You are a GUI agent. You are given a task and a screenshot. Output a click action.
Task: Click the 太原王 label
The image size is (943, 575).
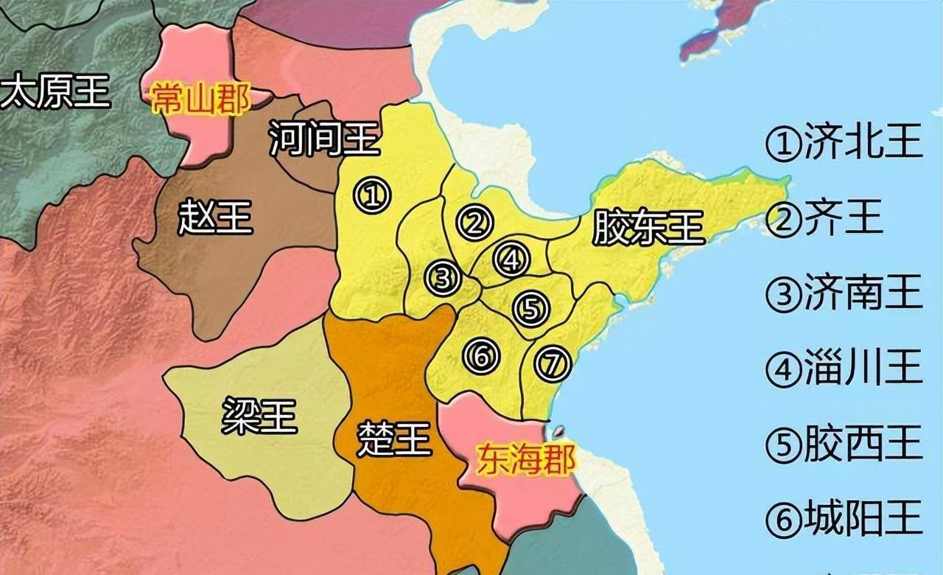click(x=55, y=92)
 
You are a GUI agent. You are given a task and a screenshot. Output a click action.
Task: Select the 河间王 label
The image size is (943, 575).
click(x=324, y=139)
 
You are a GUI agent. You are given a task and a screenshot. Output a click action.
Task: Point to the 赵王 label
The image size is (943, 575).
click(x=216, y=218)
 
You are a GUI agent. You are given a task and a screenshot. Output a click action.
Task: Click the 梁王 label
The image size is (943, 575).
click(x=259, y=417)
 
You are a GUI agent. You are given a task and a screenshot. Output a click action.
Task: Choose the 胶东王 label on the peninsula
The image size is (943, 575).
click(x=648, y=228)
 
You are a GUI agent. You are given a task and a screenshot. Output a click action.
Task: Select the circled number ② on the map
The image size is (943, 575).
click(x=473, y=223)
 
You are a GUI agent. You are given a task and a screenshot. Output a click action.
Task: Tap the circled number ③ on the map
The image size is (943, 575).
click(x=443, y=278)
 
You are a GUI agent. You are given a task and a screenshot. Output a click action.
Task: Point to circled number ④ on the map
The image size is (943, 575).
click(x=511, y=259)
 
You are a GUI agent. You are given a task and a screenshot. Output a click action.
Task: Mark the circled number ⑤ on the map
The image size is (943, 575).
click(x=530, y=308)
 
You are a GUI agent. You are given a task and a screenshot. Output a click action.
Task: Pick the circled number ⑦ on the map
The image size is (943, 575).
click(x=553, y=364)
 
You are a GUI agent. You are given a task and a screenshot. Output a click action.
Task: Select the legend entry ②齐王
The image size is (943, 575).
click(x=825, y=219)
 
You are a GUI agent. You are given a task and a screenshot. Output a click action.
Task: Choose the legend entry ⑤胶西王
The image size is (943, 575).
click(x=844, y=444)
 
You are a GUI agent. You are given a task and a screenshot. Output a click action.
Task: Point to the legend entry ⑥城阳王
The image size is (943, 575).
click(x=844, y=519)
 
